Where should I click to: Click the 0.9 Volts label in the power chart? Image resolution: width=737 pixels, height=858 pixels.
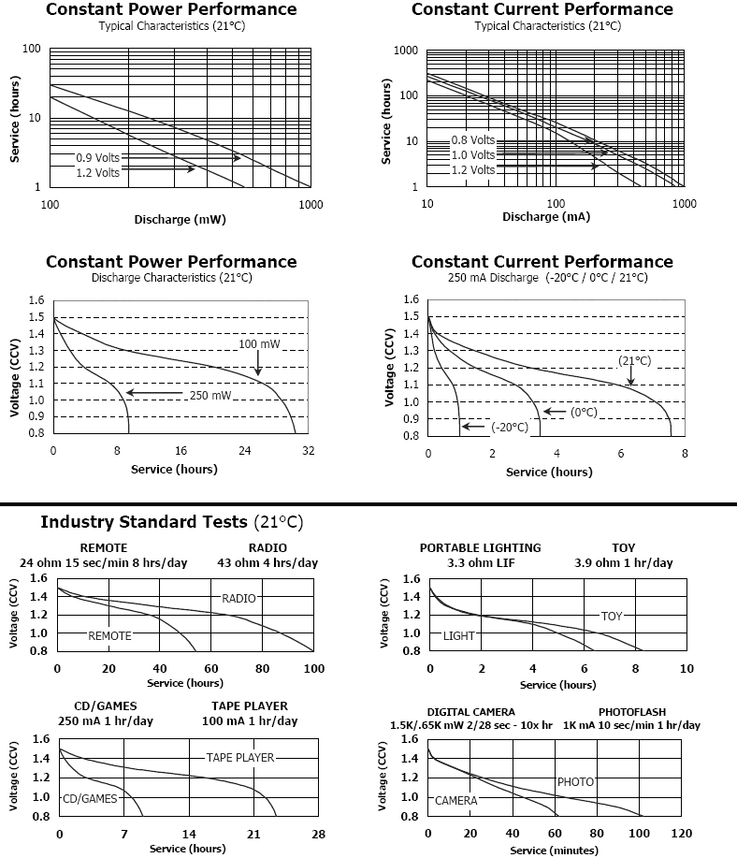point(97,157)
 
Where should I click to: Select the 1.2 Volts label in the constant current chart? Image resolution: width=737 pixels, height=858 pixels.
point(472,170)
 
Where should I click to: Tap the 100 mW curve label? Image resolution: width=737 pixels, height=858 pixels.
point(260,345)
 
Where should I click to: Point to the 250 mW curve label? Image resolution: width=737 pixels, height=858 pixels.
point(210,396)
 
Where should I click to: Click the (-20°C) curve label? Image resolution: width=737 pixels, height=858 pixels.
point(510,428)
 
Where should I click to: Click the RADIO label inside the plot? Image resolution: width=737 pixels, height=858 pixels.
point(238,598)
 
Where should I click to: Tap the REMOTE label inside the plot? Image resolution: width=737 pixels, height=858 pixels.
point(109,635)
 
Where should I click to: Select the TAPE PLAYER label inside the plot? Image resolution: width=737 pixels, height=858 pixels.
point(240,757)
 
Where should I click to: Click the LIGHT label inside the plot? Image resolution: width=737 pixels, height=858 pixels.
point(459,635)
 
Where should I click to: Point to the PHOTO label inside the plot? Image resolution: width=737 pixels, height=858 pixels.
point(575,781)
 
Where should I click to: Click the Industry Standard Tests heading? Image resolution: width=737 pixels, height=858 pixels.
point(171,521)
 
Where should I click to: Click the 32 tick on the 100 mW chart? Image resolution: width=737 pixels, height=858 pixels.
point(308,450)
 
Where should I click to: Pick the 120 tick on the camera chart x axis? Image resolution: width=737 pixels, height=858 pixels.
point(682,833)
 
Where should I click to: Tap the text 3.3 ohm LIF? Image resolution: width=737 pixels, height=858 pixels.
point(480,563)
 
